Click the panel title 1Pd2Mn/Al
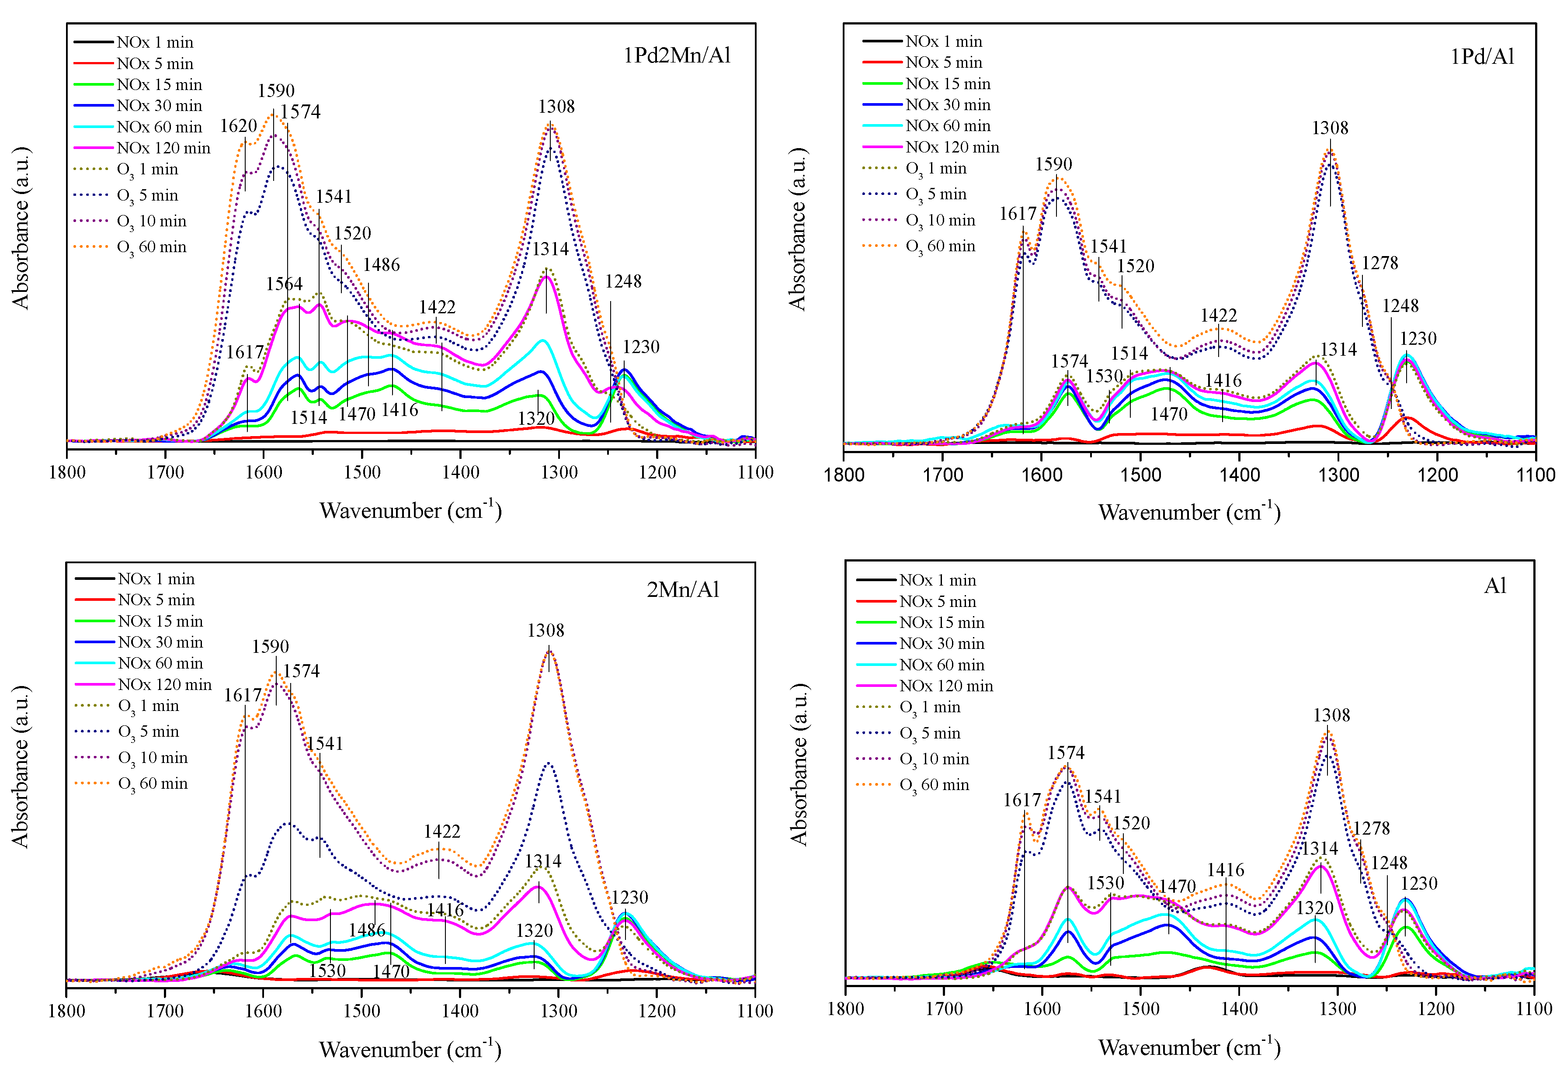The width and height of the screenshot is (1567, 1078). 677,55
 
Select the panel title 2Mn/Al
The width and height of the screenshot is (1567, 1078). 683,589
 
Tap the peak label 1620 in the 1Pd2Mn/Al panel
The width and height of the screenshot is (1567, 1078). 238,126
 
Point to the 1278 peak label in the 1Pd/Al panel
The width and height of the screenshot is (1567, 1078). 1379,263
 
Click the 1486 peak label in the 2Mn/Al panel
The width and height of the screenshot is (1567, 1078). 367,930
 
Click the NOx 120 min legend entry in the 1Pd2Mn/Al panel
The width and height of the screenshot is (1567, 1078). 163,148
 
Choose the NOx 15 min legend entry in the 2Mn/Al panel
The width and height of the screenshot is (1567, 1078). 160,621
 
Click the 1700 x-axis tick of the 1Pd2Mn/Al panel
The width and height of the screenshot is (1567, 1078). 166,472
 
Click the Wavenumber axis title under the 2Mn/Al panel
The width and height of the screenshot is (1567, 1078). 410,1049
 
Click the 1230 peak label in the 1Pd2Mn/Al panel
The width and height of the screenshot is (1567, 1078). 640,347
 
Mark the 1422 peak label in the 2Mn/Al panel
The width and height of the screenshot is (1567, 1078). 442,832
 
